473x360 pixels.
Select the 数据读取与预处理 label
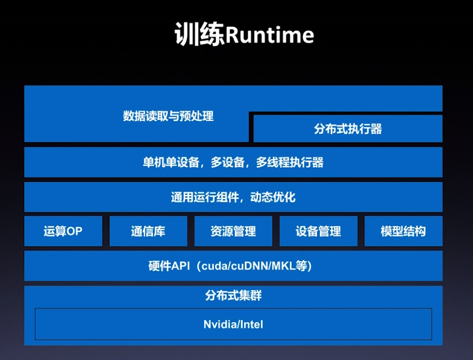click(x=168, y=116)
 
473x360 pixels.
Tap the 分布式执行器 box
click(x=348, y=129)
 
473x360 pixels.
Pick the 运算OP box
click(x=63, y=231)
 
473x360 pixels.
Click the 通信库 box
click(x=148, y=231)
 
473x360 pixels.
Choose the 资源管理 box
click(x=233, y=231)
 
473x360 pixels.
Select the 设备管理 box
click(x=318, y=231)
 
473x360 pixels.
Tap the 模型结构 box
click(x=403, y=231)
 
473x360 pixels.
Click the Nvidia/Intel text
click(x=233, y=324)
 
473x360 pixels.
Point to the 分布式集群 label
click(x=233, y=295)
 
